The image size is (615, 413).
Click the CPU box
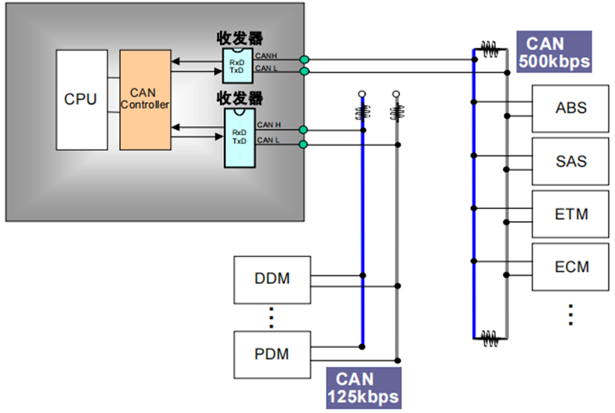tap(81, 99)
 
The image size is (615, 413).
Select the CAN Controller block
tap(145, 99)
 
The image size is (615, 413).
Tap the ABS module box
tap(571, 108)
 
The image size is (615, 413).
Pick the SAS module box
tap(571, 161)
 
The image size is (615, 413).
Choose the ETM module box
tap(571, 214)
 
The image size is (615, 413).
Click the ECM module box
tap(571, 267)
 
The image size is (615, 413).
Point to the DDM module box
tap(272, 279)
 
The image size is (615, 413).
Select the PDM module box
tap(272, 354)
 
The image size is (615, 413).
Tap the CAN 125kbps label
tap(363, 388)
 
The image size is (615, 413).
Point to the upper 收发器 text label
tap(240, 38)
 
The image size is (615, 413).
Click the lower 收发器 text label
tap(240, 98)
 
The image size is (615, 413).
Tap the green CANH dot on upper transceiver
tap(304, 59)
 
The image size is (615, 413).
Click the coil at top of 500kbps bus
tap(490, 52)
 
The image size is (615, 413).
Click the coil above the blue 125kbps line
tap(363, 113)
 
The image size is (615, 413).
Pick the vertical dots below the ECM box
tap(570, 314)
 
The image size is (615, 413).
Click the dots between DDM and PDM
tap(272, 317)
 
